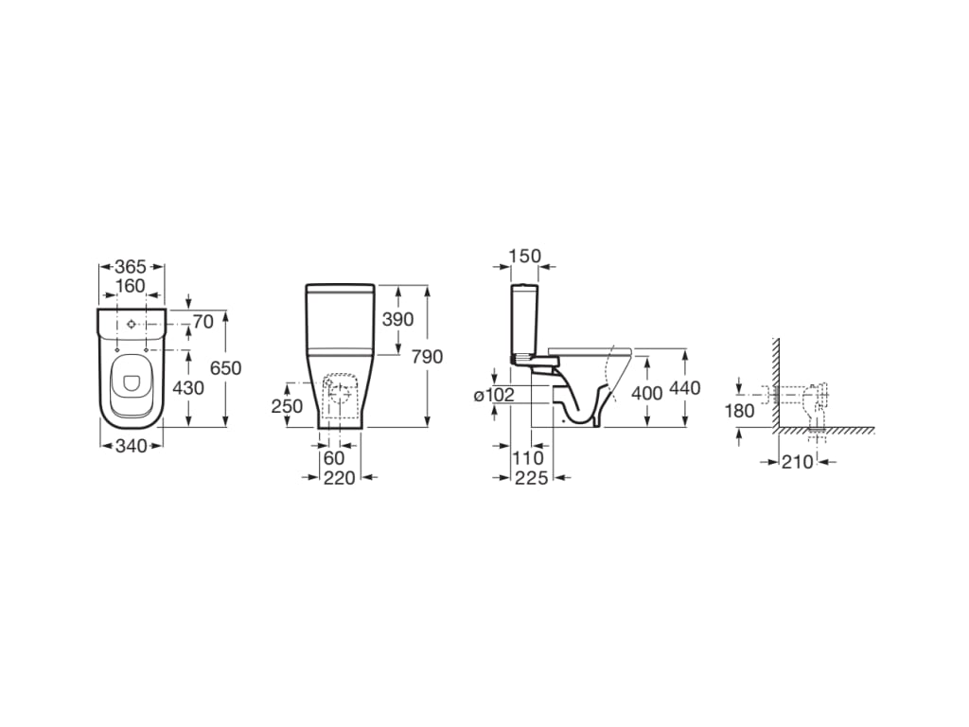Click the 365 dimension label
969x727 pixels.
click(131, 267)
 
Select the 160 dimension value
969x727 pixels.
click(131, 286)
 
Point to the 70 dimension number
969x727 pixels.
click(203, 322)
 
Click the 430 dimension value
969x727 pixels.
click(187, 388)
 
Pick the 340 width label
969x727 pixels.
click(131, 446)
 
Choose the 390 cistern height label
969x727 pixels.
click(398, 319)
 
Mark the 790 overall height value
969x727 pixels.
click(428, 356)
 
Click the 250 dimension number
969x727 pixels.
click(286, 405)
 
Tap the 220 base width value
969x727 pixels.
click(339, 478)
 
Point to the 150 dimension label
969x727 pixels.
click(524, 256)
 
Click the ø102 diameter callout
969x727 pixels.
click(494, 395)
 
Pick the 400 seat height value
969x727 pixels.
click(646, 393)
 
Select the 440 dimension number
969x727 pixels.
click(684, 388)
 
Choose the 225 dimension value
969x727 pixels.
click(532, 478)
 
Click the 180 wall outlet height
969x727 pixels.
click(739, 411)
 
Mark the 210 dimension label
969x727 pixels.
click(798, 462)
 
